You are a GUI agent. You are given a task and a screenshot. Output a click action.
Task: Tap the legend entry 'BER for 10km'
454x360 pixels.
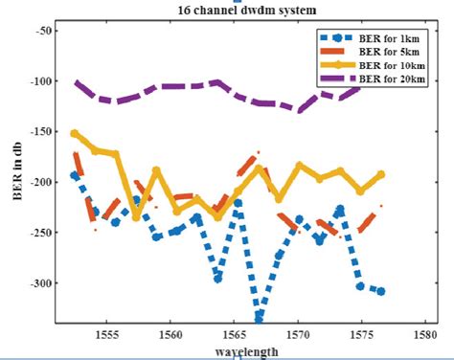click(x=388, y=65)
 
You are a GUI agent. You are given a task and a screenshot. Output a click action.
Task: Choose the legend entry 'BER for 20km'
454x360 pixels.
click(x=388, y=79)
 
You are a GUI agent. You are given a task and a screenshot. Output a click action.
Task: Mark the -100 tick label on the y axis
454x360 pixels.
click(x=41, y=81)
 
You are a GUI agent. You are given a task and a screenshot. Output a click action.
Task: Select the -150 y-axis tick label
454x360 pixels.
click(x=41, y=132)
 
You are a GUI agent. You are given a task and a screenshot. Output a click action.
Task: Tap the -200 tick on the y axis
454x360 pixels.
click(x=41, y=182)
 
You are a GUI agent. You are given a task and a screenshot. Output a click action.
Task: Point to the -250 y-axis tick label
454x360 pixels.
click(x=41, y=233)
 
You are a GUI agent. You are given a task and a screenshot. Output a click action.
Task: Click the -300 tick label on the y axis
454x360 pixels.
click(x=41, y=283)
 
